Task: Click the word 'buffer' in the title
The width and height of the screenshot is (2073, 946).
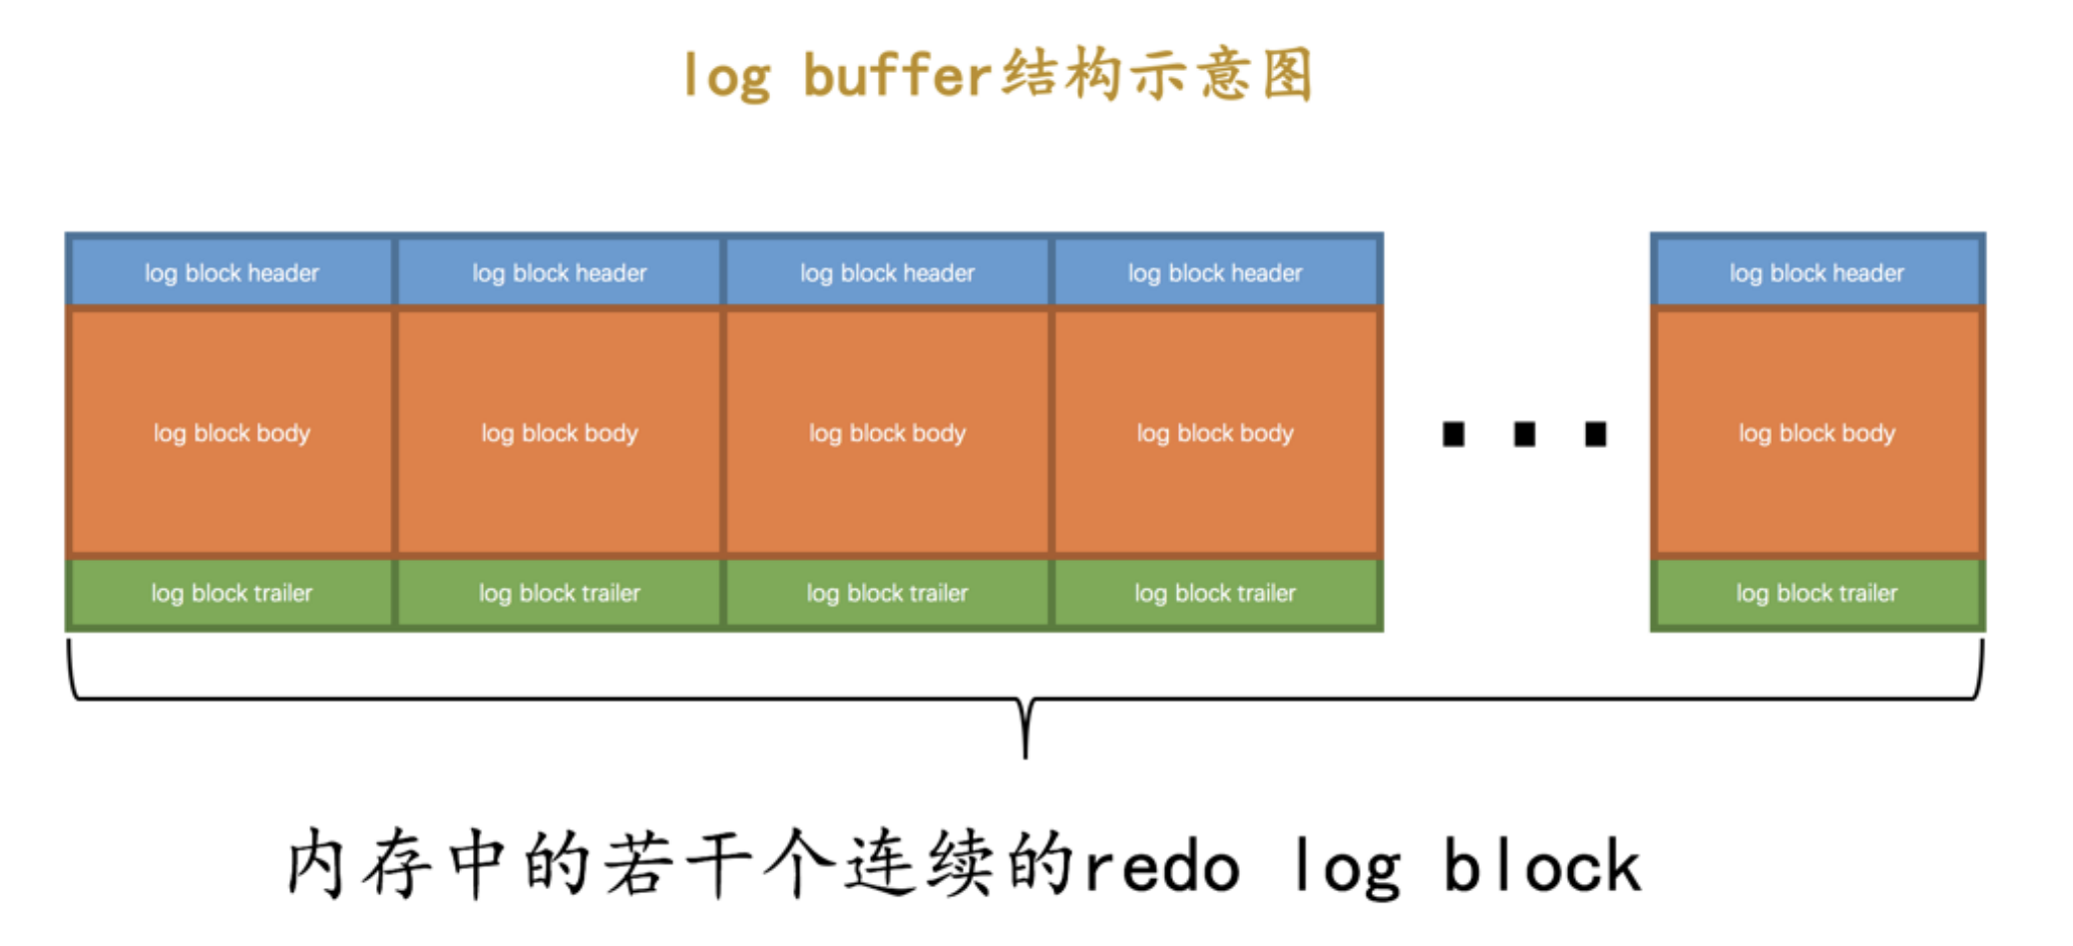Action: [x=896, y=76]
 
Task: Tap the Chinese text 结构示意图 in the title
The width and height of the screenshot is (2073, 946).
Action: [x=1157, y=76]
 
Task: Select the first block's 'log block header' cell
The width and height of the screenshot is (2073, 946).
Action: [x=231, y=272]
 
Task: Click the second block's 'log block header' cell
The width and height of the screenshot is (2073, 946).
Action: [x=559, y=272]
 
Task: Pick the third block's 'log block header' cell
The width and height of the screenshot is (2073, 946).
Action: [x=887, y=272]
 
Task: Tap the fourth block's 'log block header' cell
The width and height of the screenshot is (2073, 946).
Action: [x=1215, y=272]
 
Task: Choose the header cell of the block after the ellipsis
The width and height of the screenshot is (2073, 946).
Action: [x=1817, y=272]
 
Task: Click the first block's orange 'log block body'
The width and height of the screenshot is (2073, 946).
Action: [x=231, y=433]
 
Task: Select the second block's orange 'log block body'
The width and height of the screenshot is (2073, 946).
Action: [x=559, y=433]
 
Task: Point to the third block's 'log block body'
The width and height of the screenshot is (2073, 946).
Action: [x=887, y=433]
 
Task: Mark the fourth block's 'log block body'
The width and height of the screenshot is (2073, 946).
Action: [x=1215, y=433]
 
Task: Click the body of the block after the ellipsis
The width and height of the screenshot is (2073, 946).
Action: [x=1817, y=433]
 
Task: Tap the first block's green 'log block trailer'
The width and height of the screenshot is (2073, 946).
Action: [x=231, y=594]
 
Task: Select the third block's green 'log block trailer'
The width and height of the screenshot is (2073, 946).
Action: [x=887, y=594]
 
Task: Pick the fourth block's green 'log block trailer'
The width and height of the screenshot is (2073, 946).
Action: [x=1215, y=594]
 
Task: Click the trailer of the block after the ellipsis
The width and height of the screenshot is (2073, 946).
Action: [x=1817, y=594]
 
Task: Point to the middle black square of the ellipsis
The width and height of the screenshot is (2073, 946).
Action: [x=1524, y=434]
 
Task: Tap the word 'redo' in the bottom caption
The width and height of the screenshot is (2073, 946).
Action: [x=1162, y=866]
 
